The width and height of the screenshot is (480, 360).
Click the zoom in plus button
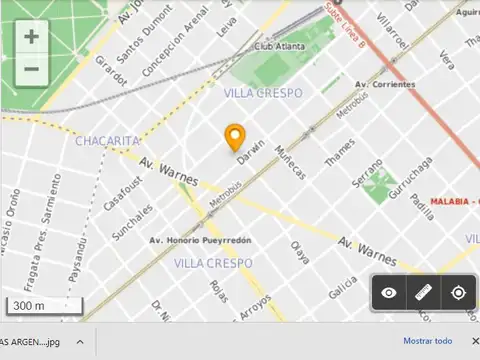pyautogui.click(x=32, y=37)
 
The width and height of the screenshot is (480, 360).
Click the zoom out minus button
pyautogui.click(x=32, y=69)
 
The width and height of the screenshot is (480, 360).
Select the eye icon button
pyautogui.click(x=389, y=293)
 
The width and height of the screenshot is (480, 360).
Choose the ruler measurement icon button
pyautogui.click(x=424, y=293)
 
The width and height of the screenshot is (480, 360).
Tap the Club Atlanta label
pyautogui.click(x=279, y=46)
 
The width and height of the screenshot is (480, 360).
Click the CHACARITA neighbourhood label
pyautogui.click(x=107, y=141)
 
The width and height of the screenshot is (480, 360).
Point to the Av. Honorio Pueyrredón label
pyautogui.click(x=200, y=240)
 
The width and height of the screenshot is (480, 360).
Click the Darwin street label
pyautogui.click(x=252, y=146)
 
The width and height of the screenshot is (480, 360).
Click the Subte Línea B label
pyautogui.click(x=346, y=24)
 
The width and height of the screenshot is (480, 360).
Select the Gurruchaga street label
pyautogui.click(x=412, y=177)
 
